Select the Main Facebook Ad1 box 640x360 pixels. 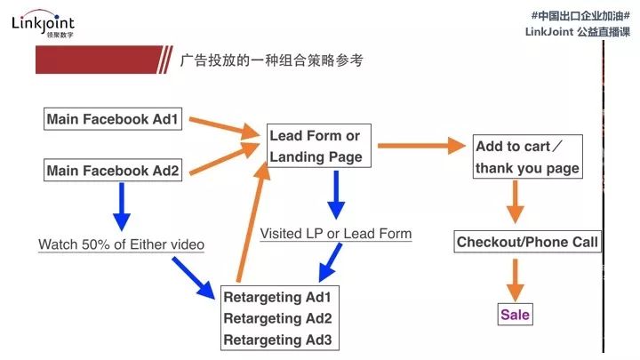113,119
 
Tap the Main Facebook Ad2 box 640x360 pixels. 113,170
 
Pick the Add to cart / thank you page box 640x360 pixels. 527,157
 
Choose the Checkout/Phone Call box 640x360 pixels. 528,242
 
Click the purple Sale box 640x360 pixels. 515,315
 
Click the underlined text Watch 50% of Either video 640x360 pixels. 121,244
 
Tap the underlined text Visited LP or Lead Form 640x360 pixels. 336,234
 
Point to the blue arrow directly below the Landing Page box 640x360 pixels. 336,195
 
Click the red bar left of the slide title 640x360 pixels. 99,60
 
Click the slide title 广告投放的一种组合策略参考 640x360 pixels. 270,60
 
